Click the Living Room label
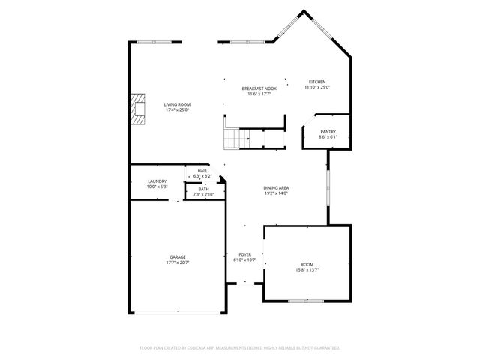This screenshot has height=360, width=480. [x=178, y=104]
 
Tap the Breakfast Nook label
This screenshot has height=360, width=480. [x=259, y=88]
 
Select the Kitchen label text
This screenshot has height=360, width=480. [x=317, y=82]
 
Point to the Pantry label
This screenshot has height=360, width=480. [x=328, y=132]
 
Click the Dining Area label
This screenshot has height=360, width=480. [x=277, y=187]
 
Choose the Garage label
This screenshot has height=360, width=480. [x=177, y=256]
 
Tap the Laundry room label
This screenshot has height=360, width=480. [x=157, y=181]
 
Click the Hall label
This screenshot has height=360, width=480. [x=202, y=171]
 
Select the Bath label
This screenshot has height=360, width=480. [x=203, y=189]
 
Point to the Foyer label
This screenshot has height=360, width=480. [x=244, y=254]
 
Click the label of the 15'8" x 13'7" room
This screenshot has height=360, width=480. [x=307, y=264]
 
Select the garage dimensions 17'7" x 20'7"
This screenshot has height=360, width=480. [x=177, y=262]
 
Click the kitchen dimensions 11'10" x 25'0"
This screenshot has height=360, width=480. [x=317, y=87]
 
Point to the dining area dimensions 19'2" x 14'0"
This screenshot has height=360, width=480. [x=277, y=193]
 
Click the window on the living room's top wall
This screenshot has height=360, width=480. [x=157, y=42]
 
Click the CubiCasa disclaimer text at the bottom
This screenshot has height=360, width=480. [x=240, y=348]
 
